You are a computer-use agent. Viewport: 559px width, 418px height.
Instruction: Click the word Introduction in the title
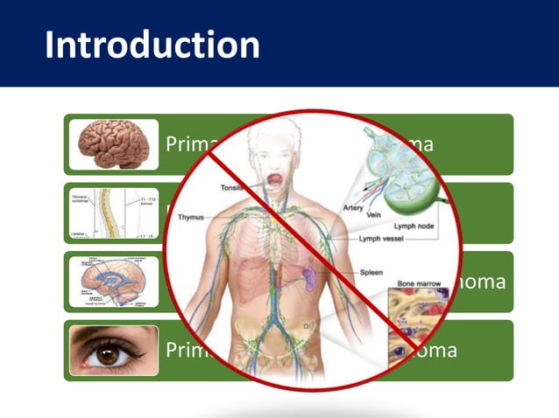click(152, 45)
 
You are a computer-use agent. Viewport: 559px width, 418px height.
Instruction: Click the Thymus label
click(193, 217)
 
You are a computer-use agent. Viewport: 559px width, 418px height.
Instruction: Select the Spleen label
click(371, 273)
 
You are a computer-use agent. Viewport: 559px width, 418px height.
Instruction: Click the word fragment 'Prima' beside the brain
click(189, 145)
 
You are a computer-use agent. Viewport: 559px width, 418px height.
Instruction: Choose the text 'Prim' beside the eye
click(185, 351)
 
